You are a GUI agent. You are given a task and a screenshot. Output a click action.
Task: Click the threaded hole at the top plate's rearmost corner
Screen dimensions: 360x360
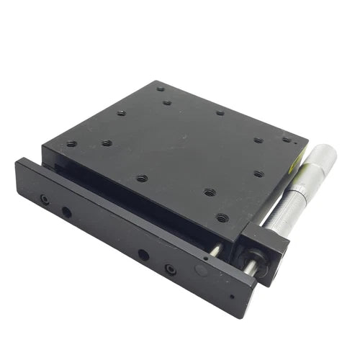tap(160, 89)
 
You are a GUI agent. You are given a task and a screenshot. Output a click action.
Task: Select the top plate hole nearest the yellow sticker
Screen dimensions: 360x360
tap(287, 140)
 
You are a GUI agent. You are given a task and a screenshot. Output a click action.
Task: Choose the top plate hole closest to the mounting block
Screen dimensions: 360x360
tap(222, 217)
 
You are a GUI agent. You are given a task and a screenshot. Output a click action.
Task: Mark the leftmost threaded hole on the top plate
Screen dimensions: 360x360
tap(71, 143)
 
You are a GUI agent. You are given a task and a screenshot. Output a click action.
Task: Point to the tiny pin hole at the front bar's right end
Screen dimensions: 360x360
tap(231, 295)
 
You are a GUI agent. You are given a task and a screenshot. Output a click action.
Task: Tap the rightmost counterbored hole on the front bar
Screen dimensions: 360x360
tap(170, 269)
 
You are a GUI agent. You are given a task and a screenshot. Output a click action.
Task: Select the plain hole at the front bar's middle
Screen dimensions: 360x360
tap(143, 255)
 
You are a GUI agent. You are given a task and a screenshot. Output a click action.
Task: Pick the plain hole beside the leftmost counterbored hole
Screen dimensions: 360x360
tap(66, 212)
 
